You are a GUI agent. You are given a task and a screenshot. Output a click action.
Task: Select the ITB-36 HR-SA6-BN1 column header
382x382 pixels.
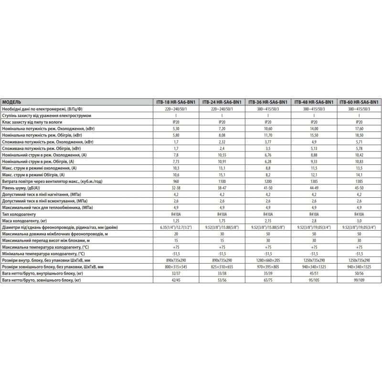click(x=268, y=102)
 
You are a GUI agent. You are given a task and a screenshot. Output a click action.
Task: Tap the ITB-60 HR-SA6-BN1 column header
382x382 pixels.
click(x=359, y=102)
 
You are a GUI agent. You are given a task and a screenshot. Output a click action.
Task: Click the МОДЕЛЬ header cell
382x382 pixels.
click(x=11, y=102)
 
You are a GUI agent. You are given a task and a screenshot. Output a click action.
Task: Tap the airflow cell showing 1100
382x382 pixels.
click(x=222, y=182)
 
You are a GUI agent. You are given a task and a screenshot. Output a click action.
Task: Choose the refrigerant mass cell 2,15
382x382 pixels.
click(x=268, y=221)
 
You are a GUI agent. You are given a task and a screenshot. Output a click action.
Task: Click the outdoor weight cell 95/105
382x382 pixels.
click(x=314, y=281)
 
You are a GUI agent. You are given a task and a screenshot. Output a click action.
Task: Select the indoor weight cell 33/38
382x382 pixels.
click(x=222, y=274)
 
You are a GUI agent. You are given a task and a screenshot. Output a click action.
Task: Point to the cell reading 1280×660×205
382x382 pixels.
click(x=268, y=261)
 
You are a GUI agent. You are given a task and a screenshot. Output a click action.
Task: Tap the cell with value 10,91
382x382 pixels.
click(x=222, y=162)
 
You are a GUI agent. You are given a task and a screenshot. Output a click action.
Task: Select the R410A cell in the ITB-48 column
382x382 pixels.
click(x=314, y=215)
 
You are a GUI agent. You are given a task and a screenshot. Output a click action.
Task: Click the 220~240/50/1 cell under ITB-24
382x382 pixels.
click(x=222, y=109)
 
